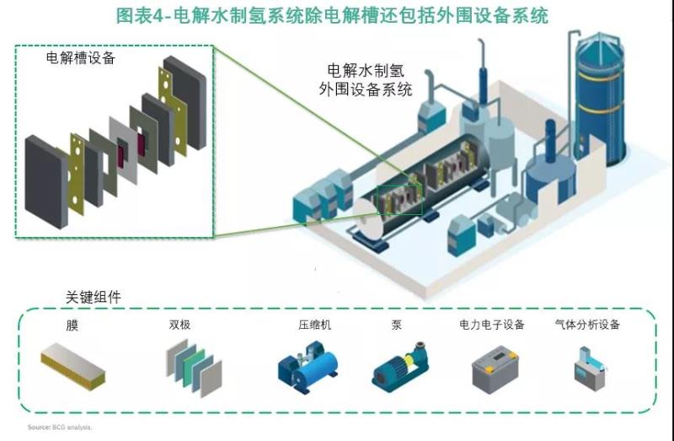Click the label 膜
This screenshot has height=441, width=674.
pos(72,325)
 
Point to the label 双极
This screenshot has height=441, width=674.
pos(180,325)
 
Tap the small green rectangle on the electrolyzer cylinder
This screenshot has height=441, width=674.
pos(399,199)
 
